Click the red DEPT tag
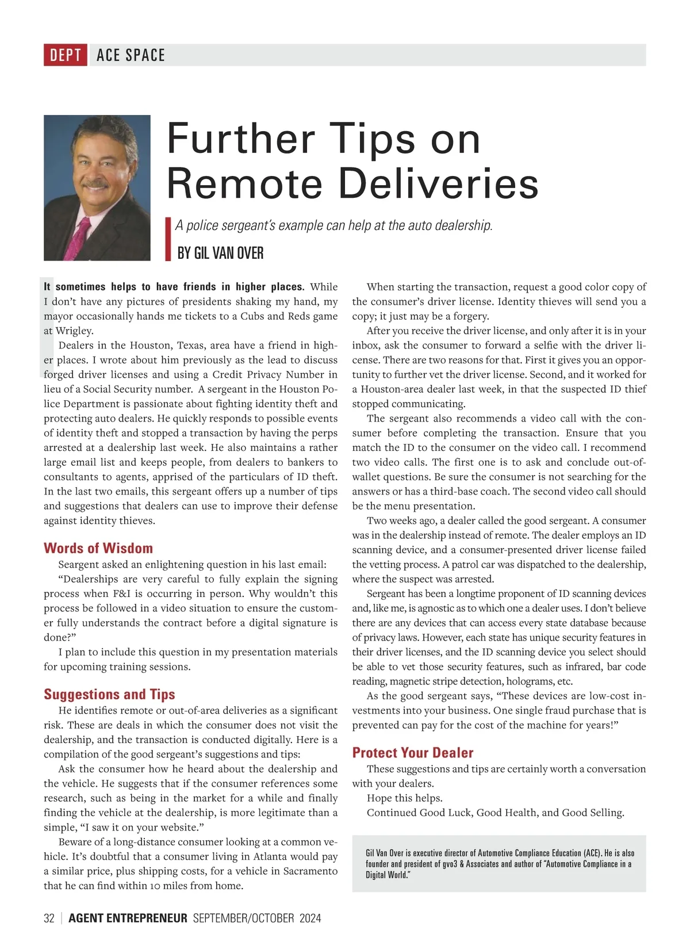[66, 55]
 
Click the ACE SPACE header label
[131, 55]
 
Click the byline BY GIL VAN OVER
[220, 253]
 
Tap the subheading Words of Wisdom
[98, 548]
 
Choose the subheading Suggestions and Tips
[109, 694]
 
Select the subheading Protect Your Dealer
[413, 753]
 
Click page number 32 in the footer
[49, 918]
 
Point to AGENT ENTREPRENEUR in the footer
[128, 918]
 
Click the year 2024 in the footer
[310, 918]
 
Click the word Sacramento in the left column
[310, 871]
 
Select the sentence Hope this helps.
[405, 798]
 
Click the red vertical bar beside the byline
[168, 239]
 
